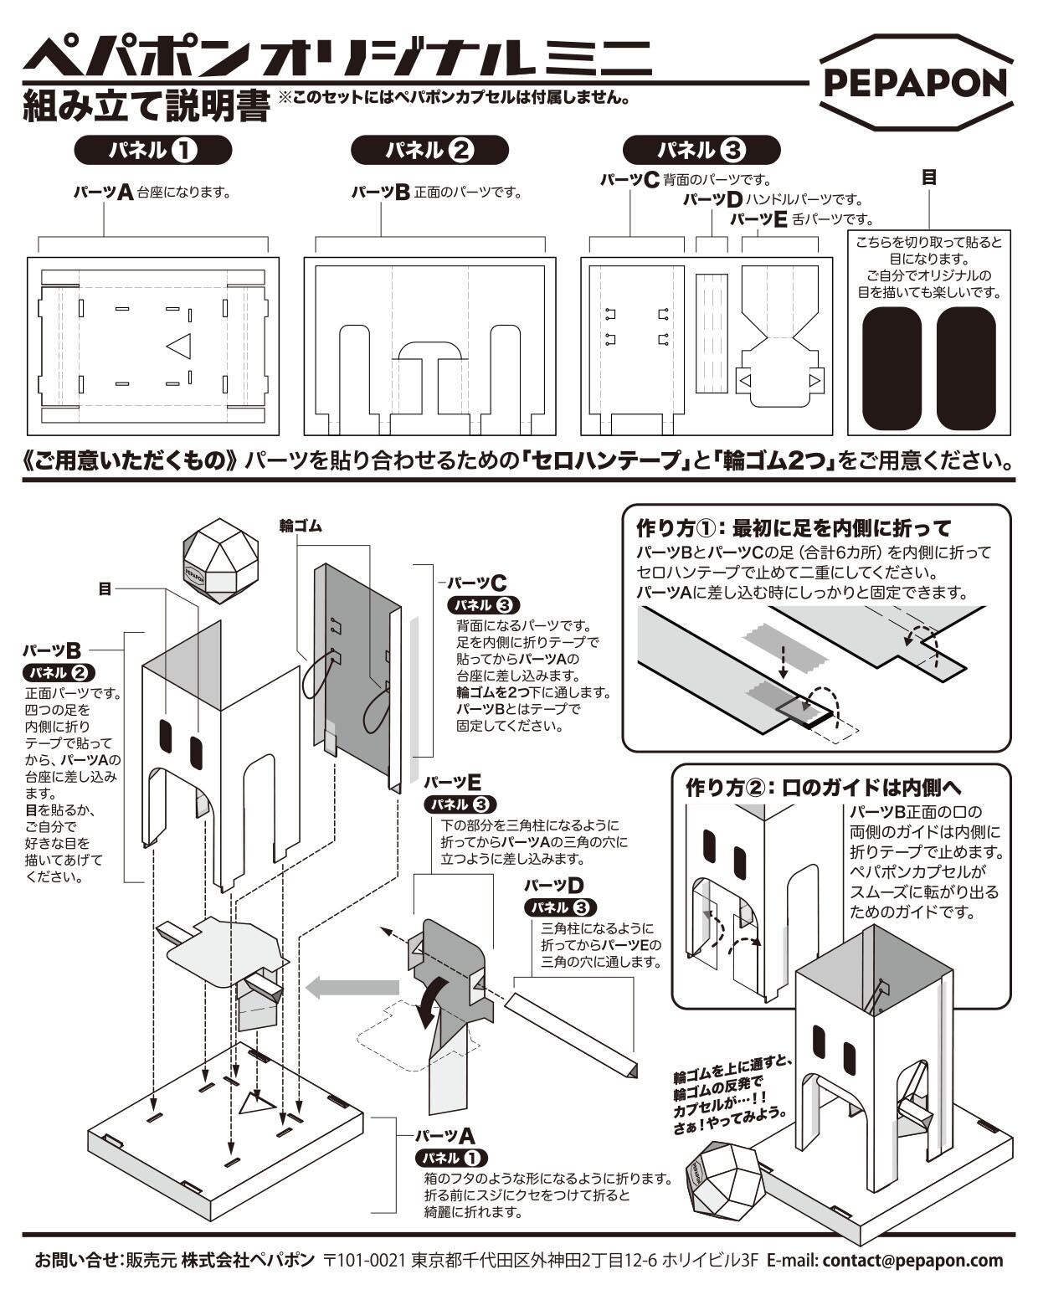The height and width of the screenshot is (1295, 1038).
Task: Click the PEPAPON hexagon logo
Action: [x=916, y=82]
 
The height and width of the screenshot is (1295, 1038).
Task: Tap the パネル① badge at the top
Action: [x=152, y=151]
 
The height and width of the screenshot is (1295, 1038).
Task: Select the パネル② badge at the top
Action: [x=429, y=151]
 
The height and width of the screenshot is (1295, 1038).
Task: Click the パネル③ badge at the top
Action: [x=701, y=151]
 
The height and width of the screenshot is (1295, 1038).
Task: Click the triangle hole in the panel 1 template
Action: [x=181, y=346]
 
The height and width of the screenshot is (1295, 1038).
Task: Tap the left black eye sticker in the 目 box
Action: [x=892, y=368]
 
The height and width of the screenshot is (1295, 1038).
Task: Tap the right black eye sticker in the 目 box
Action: [x=965, y=368]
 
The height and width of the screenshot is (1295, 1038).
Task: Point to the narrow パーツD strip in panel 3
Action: [x=712, y=332]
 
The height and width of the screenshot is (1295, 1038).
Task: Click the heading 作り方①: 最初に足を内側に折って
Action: [x=794, y=528]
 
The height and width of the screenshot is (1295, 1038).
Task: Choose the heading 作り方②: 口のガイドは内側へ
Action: [x=824, y=788]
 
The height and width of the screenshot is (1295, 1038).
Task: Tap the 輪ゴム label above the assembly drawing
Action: [x=301, y=526]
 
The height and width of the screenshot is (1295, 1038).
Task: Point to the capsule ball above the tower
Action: [x=220, y=560]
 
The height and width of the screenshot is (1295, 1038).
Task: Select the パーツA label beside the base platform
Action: [x=444, y=1136]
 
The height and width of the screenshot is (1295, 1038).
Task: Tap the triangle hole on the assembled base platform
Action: [x=256, y=1104]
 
